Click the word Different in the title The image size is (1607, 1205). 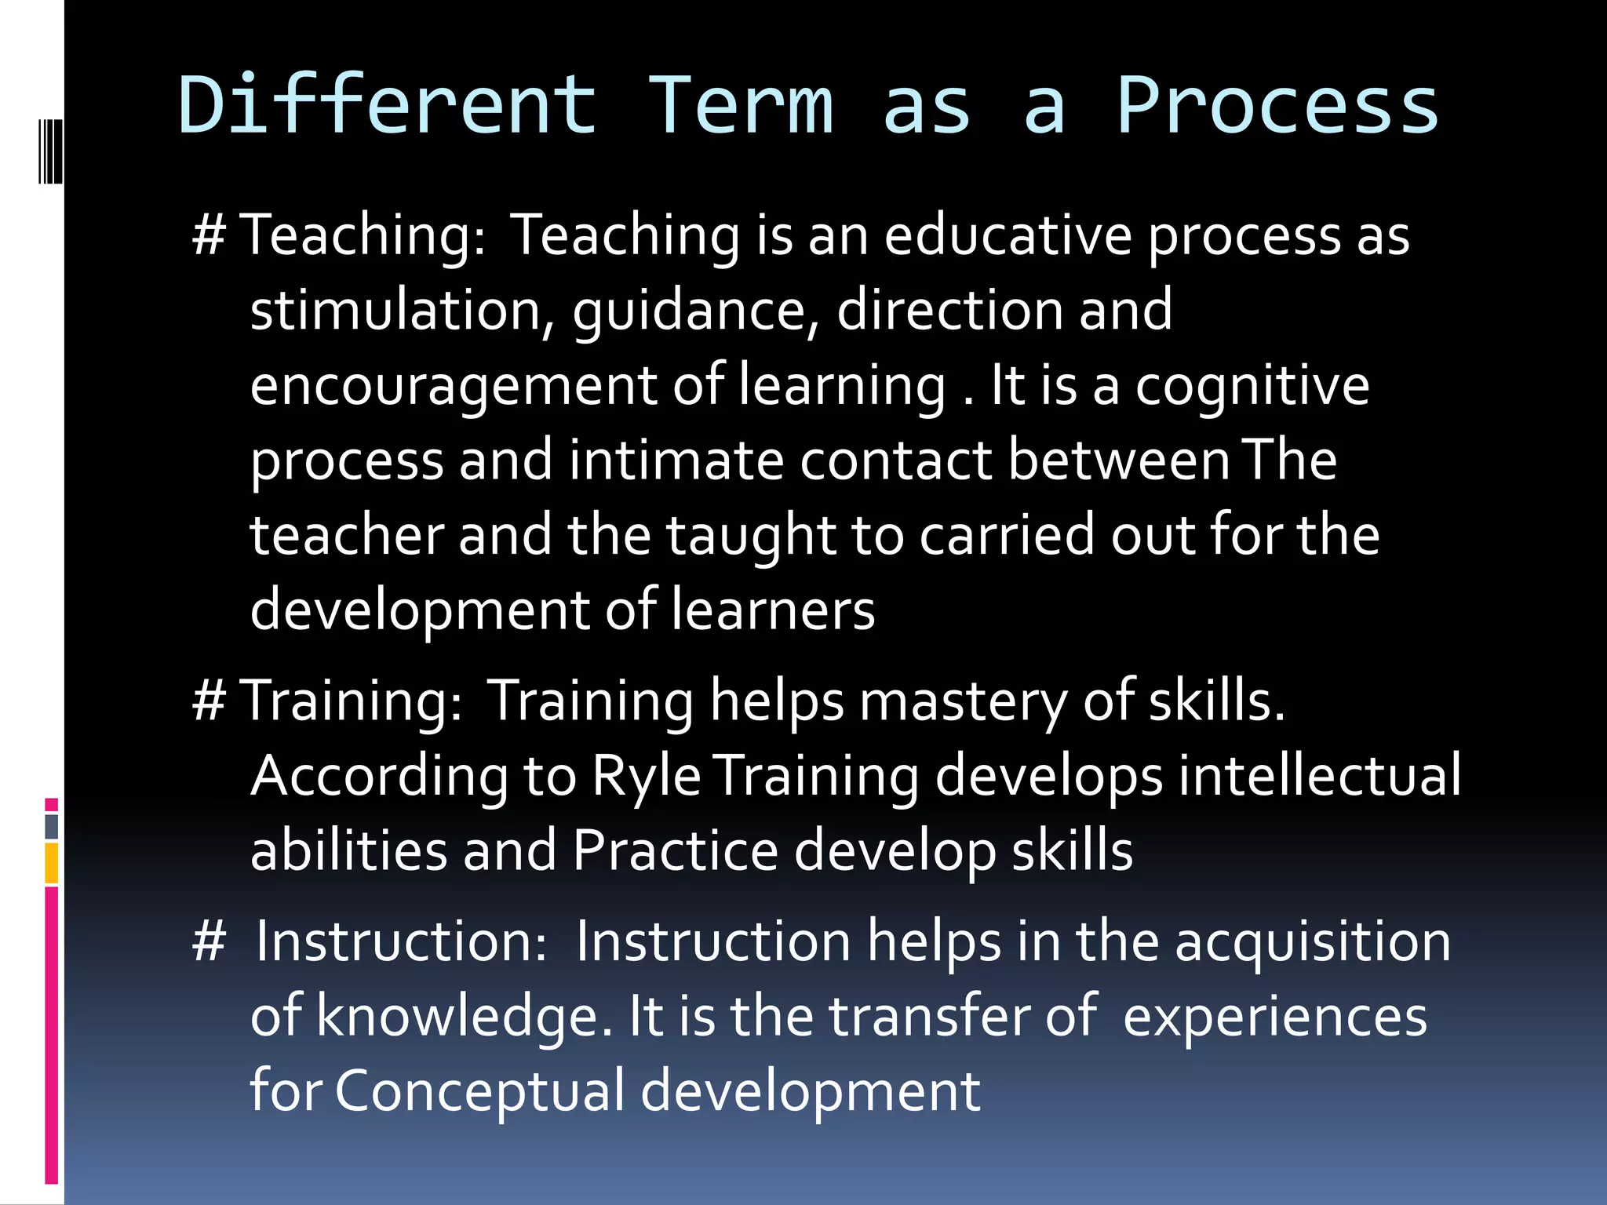(388, 105)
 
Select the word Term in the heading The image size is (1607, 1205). (741, 105)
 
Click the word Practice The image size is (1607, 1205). (675, 850)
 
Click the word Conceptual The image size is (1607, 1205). (479, 1091)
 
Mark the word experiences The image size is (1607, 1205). (1275, 1017)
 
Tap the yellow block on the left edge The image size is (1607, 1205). (52, 863)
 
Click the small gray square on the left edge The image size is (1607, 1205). (52, 827)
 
